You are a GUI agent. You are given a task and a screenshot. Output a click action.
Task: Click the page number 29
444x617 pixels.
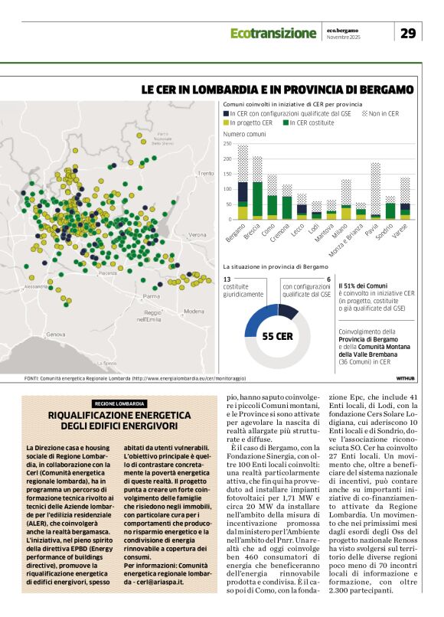pos(408,33)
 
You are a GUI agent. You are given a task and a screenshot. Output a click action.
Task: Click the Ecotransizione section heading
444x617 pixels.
pos(273,34)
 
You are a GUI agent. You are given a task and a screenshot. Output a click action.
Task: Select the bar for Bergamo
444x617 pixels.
pos(243,184)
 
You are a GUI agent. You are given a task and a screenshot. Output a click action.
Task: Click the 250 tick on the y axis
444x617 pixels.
pos(227,144)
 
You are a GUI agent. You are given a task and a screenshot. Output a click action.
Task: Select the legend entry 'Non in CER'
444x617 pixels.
pos(380,113)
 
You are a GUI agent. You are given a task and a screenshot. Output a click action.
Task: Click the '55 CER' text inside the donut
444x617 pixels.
pos(277,335)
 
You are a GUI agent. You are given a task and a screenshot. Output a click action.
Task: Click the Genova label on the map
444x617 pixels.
pos(55,335)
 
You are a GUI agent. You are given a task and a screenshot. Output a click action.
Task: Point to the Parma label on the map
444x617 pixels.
pos(151,295)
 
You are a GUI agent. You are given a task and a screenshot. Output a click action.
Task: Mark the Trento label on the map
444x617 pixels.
pos(205,174)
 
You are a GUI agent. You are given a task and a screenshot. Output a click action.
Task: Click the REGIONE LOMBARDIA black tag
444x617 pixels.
pos(119,403)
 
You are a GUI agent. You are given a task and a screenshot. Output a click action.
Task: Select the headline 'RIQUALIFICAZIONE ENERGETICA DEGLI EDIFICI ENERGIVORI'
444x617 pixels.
pos(119,420)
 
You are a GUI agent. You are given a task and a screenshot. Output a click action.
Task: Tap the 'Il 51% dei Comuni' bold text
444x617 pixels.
pos(361,285)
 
